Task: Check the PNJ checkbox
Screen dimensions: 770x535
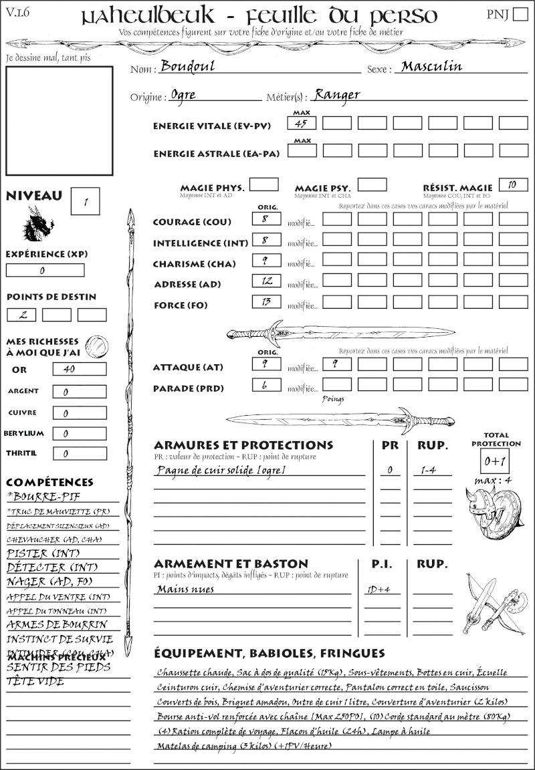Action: [x=520, y=15]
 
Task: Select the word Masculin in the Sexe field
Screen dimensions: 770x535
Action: [x=431, y=66]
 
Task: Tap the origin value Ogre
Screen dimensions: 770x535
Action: [x=183, y=95]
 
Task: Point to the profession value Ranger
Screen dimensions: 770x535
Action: [x=337, y=95]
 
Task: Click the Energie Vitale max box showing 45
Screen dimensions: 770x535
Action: [x=302, y=123]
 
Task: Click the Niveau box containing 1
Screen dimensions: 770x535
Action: [x=87, y=201]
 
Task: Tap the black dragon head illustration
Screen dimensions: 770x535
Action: [x=38, y=223]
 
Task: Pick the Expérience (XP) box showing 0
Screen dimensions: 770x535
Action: [x=45, y=271]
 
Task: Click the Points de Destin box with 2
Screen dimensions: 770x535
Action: [x=22, y=315]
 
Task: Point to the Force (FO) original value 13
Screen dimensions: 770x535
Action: [x=265, y=302]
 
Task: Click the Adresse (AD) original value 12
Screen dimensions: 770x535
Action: [x=265, y=281]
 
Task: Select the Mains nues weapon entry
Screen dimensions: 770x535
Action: [x=185, y=590]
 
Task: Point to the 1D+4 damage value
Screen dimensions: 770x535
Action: [x=379, y=590]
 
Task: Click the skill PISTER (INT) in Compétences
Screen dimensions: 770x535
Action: [x=36, y=553]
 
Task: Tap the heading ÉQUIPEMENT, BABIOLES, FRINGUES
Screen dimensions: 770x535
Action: [x=269, y=653]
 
